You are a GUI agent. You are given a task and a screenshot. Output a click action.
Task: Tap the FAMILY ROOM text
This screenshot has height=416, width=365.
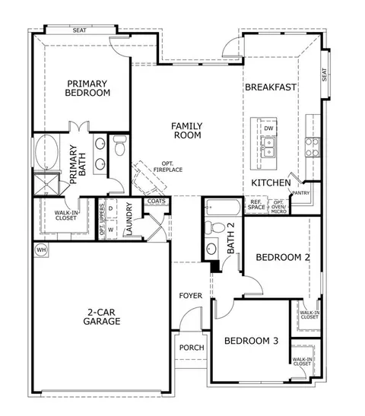pos(186,130)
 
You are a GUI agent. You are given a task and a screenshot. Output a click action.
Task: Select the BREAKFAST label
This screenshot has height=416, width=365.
pos(270,87)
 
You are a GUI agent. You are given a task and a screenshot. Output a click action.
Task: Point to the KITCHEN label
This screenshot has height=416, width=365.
pos(271,183)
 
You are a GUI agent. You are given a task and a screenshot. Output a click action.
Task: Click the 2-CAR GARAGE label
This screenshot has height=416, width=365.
pos(103,316)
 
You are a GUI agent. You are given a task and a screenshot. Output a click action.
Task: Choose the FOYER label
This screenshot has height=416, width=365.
pos(190,295)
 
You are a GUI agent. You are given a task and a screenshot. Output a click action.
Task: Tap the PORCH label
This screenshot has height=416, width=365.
pos(191,348)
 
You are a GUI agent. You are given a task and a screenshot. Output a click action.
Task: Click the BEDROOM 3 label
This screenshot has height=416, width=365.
pos(251,341)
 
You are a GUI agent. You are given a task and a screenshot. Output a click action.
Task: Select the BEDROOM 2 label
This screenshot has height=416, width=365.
pos(282,258)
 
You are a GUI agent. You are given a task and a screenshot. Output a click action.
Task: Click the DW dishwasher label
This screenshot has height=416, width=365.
pos(268,129)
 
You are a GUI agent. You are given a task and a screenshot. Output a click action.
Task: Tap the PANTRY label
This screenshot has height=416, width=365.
pos(300,193)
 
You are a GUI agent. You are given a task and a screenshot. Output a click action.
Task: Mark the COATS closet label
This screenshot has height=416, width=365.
pos(156,202)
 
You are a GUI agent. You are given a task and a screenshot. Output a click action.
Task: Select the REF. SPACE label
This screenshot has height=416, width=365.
pos(256,206)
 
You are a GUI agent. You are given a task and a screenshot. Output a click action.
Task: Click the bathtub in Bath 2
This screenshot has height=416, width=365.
pos(223,207)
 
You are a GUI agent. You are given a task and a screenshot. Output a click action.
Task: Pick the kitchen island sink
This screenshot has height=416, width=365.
pos(270,144)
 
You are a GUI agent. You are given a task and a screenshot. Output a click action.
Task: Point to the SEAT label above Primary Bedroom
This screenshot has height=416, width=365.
pos(79,30)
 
